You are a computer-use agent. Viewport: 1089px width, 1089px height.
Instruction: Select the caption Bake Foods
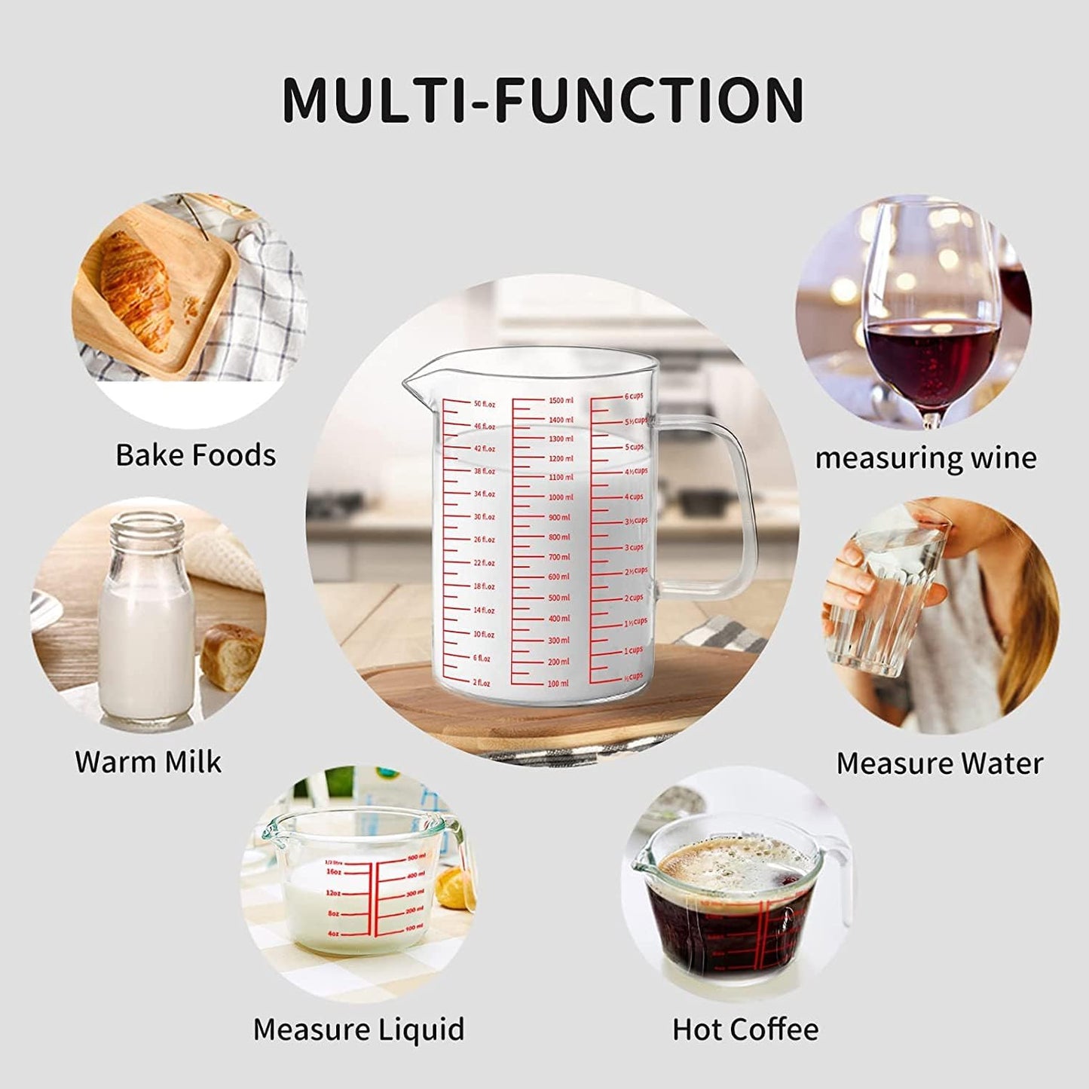[195, 455]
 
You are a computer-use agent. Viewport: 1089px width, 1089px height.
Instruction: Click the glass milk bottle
[146, 618]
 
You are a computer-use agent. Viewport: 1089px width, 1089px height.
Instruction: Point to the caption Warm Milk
[148, 762]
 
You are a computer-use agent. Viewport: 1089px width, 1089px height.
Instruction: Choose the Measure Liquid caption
[359, 1029]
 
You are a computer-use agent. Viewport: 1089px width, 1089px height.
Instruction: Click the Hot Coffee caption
[745, 1029]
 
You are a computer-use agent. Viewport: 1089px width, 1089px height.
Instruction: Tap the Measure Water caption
[939, 763]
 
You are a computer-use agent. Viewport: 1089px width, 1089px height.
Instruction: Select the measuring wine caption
[925, 457]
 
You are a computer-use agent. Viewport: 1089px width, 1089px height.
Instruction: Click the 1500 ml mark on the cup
[561, 400]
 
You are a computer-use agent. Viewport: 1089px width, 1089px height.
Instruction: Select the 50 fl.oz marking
[485, 404]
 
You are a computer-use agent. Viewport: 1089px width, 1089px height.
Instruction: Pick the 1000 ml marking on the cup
[561, 497]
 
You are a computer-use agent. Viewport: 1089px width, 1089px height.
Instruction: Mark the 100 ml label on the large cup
[558, 684]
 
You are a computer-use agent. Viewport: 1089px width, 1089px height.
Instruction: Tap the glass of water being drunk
[889, 595]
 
